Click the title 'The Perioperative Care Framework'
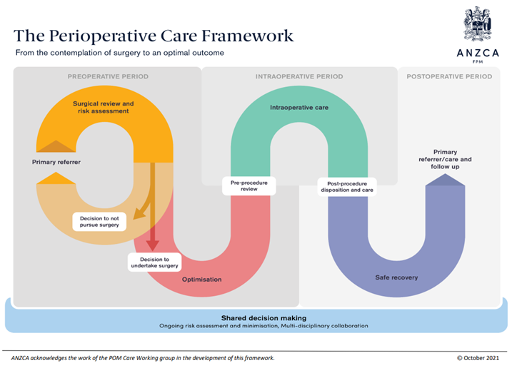pyautogui.click(x=154, y=35)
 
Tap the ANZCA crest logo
pyautogui.click(x=477, y=24)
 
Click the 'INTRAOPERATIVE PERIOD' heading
pyautogui.click(x=299, y=76)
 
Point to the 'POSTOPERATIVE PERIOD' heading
pyautogui.click(x=451, y=76)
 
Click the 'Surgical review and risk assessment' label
pyautogui.click(x=103, y=108)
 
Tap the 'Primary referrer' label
pyautogui.click(x=56, y=162)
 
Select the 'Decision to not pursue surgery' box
pyautogui.click(x=99, y=222)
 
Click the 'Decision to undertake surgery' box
pyautogui.click(x=154, y=262)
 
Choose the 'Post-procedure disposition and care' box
pyautogui.click(x=346, y=187)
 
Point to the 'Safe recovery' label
pyautogui.click(x=397, y=277)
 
